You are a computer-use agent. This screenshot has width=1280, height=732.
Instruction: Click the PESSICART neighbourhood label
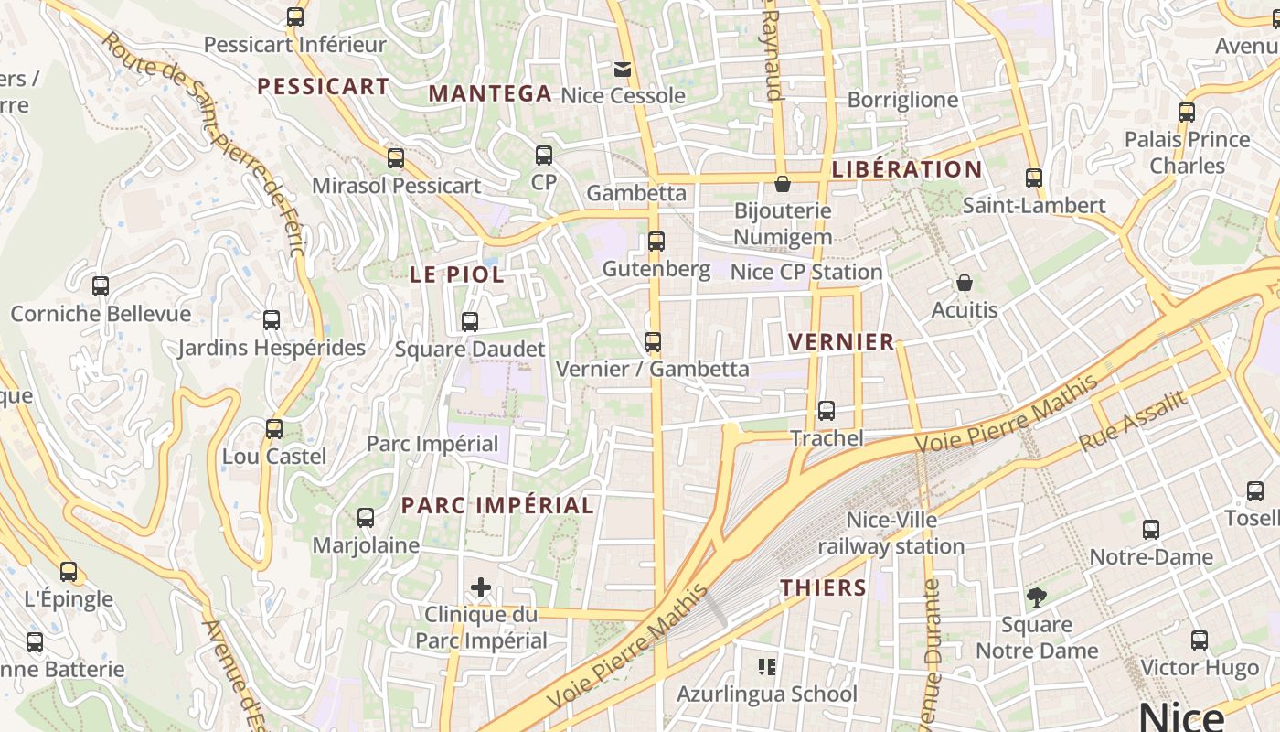click(x=323, y=87)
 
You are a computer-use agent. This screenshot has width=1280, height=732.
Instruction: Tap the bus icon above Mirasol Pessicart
click(x=396, y=158)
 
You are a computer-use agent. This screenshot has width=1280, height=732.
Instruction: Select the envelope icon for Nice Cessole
click(x=623, y=70)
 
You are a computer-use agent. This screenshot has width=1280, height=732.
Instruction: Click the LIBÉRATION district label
click(x=907, y=169)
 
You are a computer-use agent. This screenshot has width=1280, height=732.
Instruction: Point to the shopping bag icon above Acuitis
click(x=965, y=284)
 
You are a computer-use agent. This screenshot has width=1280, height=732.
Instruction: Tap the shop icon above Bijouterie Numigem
click(x=783, y=184)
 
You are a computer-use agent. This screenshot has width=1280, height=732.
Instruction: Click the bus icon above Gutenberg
click(x=656, y=242)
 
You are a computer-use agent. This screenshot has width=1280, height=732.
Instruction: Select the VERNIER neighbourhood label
click(x=841, y=342)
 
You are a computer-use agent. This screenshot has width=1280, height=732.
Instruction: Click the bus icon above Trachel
click(x=827, y=411)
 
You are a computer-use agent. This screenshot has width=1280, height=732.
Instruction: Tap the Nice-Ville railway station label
click(x=891, y=533)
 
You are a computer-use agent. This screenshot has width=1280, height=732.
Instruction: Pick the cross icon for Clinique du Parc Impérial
click(x=481, y=587)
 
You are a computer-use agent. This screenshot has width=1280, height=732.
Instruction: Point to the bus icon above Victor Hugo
click(x=1200, y=640)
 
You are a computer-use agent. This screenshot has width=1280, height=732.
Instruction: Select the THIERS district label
click(x=823, y=587)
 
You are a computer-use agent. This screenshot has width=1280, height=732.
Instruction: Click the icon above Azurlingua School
click(x=767, y=667)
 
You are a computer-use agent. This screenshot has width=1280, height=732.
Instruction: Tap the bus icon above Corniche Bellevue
click(x=101, y=286)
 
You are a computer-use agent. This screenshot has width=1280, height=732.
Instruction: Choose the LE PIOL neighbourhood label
click(x=456, y=274)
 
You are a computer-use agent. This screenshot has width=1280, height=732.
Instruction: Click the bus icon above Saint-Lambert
click(x=1034, y=178)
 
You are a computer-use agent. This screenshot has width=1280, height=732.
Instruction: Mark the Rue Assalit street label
click(x=1133, y=421)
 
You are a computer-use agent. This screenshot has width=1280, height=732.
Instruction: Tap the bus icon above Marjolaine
click(x=366, y=518)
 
